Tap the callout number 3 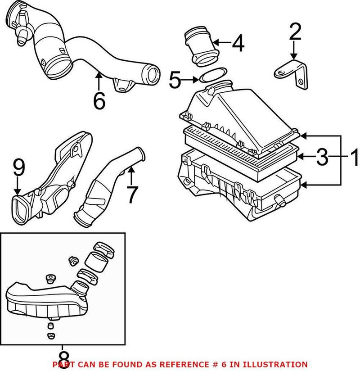(x=322, y=157)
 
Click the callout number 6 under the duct (x=99, y=100)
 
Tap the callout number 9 (x=18, y=168)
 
